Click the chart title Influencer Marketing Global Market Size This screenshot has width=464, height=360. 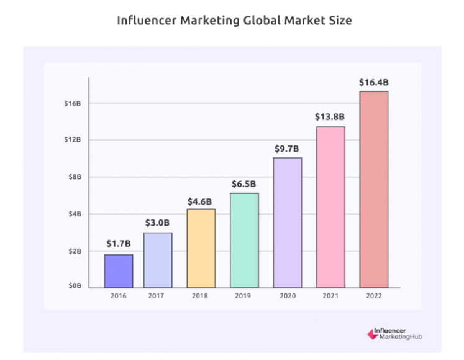(x=235, y=21)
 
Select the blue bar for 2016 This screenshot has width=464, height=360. (x=119, y=271)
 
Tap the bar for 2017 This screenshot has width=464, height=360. (x=158, y=260)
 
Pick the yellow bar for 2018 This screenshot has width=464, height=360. (x=201, y=248)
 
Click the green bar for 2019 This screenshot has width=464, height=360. (x=244, y=240)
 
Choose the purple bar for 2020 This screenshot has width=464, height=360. (x=288, y=223)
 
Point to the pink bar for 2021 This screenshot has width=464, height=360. (x=330, y=207)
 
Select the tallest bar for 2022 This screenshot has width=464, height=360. (x=374, y=190)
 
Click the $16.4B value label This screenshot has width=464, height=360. (x=374, y=82)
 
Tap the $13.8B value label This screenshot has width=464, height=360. (x=330, y=117)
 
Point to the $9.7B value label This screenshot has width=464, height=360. (x=288, y=149)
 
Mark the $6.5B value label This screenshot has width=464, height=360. (x=244, y=184)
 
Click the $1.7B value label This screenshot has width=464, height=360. (x=119, y=244)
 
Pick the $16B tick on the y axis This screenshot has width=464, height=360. (x=73, y=103)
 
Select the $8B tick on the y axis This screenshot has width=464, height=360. (x=75, y=177)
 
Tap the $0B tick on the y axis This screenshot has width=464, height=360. (x=75, y=286)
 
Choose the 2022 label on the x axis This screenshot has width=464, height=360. (x=374, y=296)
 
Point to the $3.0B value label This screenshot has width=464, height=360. (x=158, y=223)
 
